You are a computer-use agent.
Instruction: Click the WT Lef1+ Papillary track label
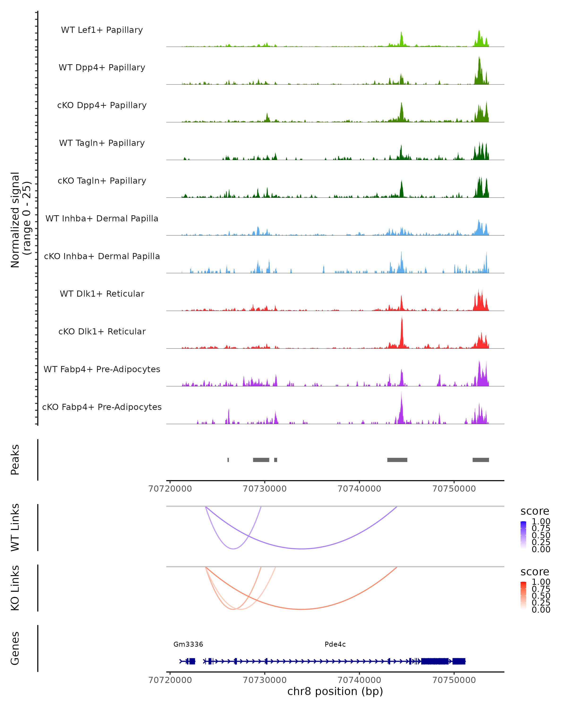click(x=102, y=30)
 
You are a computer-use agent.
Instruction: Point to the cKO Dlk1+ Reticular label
click(x=102, y=331)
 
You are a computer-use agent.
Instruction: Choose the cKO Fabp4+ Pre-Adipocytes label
click(x=102, y=407)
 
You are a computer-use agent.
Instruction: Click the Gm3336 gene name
click(x=188, y=644)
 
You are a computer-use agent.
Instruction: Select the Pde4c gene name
click(x=335, y=644)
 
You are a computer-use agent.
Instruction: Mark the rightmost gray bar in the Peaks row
click(x=481, y=460)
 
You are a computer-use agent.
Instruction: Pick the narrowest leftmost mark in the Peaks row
click(x=228, y=460)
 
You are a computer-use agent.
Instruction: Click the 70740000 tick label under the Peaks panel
click(x=359, y=489)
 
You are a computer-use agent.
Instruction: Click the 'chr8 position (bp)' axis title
click(x=335, y=691)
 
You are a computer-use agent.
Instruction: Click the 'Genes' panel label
click(x=15, y=648)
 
